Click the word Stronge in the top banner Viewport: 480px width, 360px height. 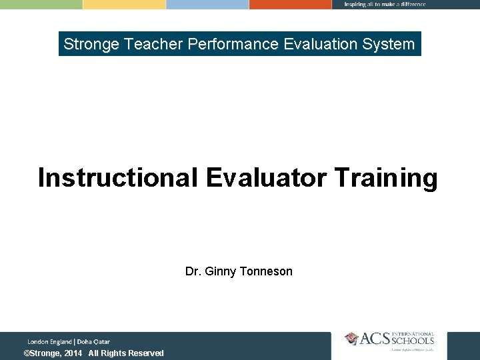tap(91, 45)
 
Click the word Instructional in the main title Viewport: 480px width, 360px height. tap(117, 179)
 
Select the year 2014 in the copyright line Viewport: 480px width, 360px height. tap(73, 353)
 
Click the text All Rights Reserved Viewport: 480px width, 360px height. tap(126, 353)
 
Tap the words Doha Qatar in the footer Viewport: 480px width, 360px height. tap(94, 342)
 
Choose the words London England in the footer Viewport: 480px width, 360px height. tap(50, 342)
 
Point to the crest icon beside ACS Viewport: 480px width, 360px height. tap(351, 339)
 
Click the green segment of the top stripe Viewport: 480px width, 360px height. tap(41, 4)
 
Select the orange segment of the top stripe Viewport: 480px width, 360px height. tap(290, 4)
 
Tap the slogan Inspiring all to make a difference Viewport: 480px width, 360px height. tap(385, 4)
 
